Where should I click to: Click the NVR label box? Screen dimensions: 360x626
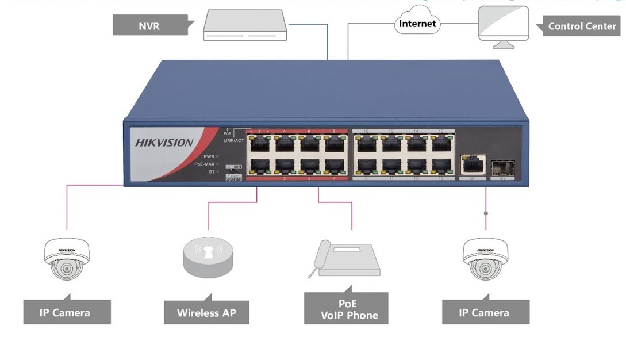150,26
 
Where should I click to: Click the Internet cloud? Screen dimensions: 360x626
417,24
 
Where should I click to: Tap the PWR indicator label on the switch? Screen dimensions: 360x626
208,156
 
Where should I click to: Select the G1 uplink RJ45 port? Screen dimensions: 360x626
473,165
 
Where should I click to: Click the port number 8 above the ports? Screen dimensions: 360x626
333,132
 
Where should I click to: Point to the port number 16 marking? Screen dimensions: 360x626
440,132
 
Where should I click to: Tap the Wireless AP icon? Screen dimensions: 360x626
208,256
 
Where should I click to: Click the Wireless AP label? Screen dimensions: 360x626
206,313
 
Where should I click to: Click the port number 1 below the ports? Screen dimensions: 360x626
260,179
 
